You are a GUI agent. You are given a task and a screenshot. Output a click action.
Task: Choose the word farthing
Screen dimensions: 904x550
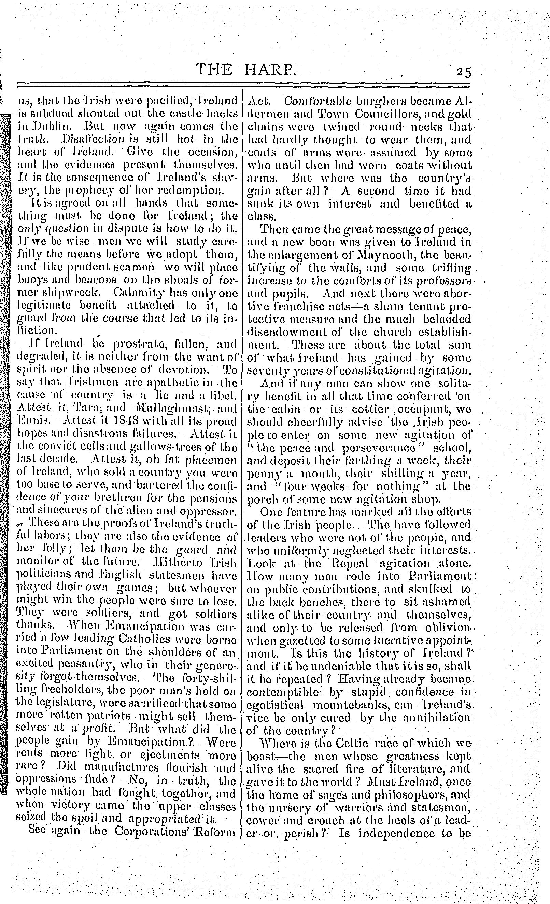pos(368,460)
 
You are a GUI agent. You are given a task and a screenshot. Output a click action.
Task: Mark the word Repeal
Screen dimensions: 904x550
pos(344,563)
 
